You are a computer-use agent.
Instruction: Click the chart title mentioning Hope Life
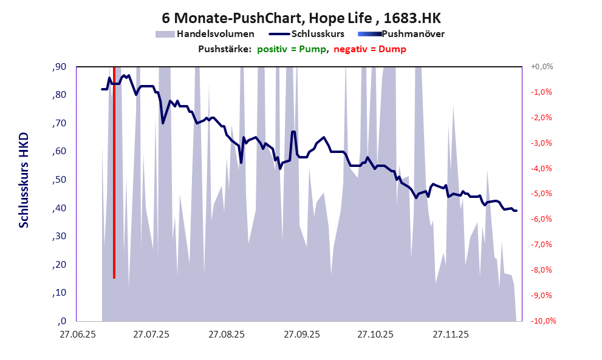[x=301, y=18]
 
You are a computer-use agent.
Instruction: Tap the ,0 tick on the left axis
[x=61, y=321]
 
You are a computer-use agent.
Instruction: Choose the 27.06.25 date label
[x=76, y=334]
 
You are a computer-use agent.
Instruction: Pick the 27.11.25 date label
[x=450, y=334]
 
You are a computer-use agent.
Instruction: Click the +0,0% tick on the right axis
[x=541, y=67]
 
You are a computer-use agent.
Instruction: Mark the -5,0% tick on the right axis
[x=542, y=194]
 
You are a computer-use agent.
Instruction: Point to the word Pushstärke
[x=224, y=49]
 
